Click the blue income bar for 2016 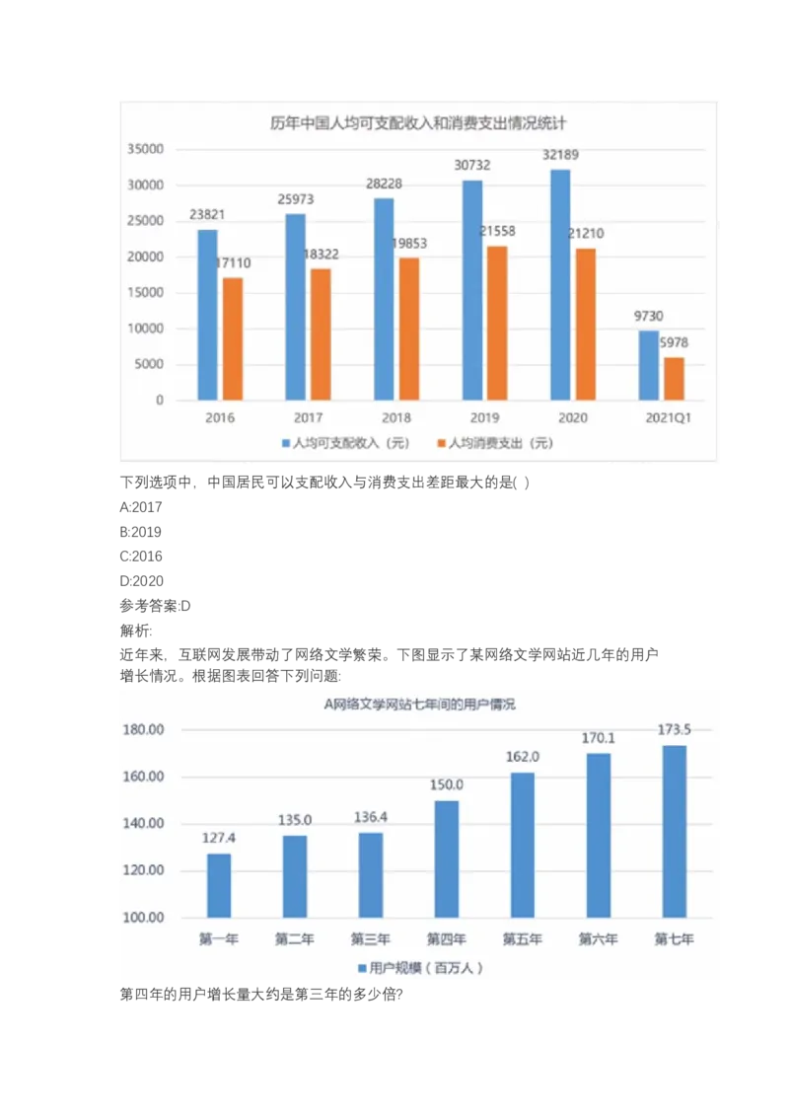click(x=207, y=315)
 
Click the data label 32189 click(x=561, y=156)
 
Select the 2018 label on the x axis click(x=395, y=418)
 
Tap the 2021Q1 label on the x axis click(x=669, y=418)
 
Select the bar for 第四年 click(x=447, y=858)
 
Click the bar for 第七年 click(x=675, y=831)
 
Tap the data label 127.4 click(x=219, y=839)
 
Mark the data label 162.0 click(x=523, y=757)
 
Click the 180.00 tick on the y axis click(x=144, y=730)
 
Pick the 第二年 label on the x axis click(x=295, y=939)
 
